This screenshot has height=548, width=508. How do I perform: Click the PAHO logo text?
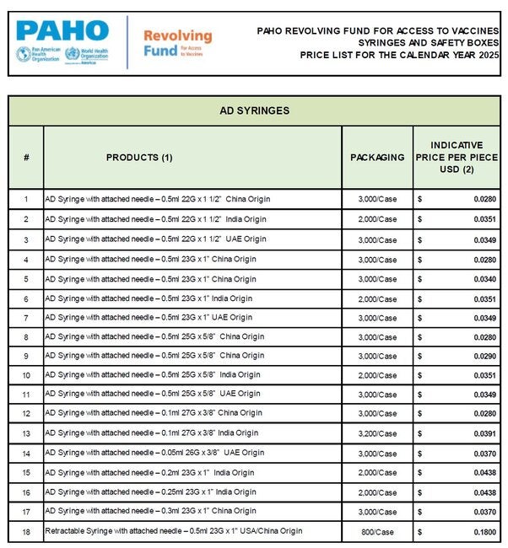pos(61,30)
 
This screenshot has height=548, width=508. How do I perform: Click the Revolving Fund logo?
pos(176,43)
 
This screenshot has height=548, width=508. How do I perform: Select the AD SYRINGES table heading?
pos(254,110)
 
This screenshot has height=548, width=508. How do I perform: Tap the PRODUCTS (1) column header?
pos(139,158)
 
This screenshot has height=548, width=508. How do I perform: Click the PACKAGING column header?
pos(377,158)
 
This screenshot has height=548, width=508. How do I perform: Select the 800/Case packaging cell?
pos(377,531)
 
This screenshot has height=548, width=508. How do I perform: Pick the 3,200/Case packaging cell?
pos(377,432)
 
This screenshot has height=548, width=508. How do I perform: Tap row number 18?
pos(26,531)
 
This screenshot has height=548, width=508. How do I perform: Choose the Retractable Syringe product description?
pos(173,531)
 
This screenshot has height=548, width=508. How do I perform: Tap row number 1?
pos(26,200)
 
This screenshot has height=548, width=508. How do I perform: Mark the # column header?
pos(26,158)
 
